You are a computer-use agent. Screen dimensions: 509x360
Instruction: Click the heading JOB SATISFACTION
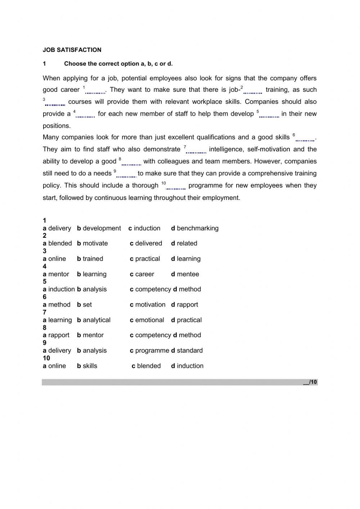coord(72,50)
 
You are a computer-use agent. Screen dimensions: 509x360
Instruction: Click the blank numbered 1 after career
coord(95,91)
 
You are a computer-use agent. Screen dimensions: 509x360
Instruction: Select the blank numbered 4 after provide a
coord(85,115)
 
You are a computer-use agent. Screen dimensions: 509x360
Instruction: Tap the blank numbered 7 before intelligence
coord(196,151)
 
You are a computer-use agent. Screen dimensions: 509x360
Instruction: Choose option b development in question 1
coord(99,228)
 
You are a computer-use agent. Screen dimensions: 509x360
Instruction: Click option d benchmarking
coord(195,228)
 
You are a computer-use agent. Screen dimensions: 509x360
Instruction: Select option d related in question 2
coord(184,244)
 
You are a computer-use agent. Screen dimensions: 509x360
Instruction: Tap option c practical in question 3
coord(145,259)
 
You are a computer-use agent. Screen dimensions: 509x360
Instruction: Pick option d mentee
coord(185,274)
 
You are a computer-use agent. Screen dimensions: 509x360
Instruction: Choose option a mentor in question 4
coord(56,274)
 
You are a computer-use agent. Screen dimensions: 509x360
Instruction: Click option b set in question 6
coord(84,305)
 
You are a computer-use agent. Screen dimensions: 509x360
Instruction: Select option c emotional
coord(147,320)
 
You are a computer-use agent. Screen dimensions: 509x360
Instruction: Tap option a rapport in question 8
coord(56,335)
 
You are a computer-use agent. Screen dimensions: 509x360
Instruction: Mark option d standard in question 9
coord(187,351)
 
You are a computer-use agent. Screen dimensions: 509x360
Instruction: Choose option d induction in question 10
coord(187,366)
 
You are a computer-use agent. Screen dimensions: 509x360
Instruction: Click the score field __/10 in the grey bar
coord(310,382)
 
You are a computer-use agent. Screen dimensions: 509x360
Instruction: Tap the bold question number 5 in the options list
coord(45,282)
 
